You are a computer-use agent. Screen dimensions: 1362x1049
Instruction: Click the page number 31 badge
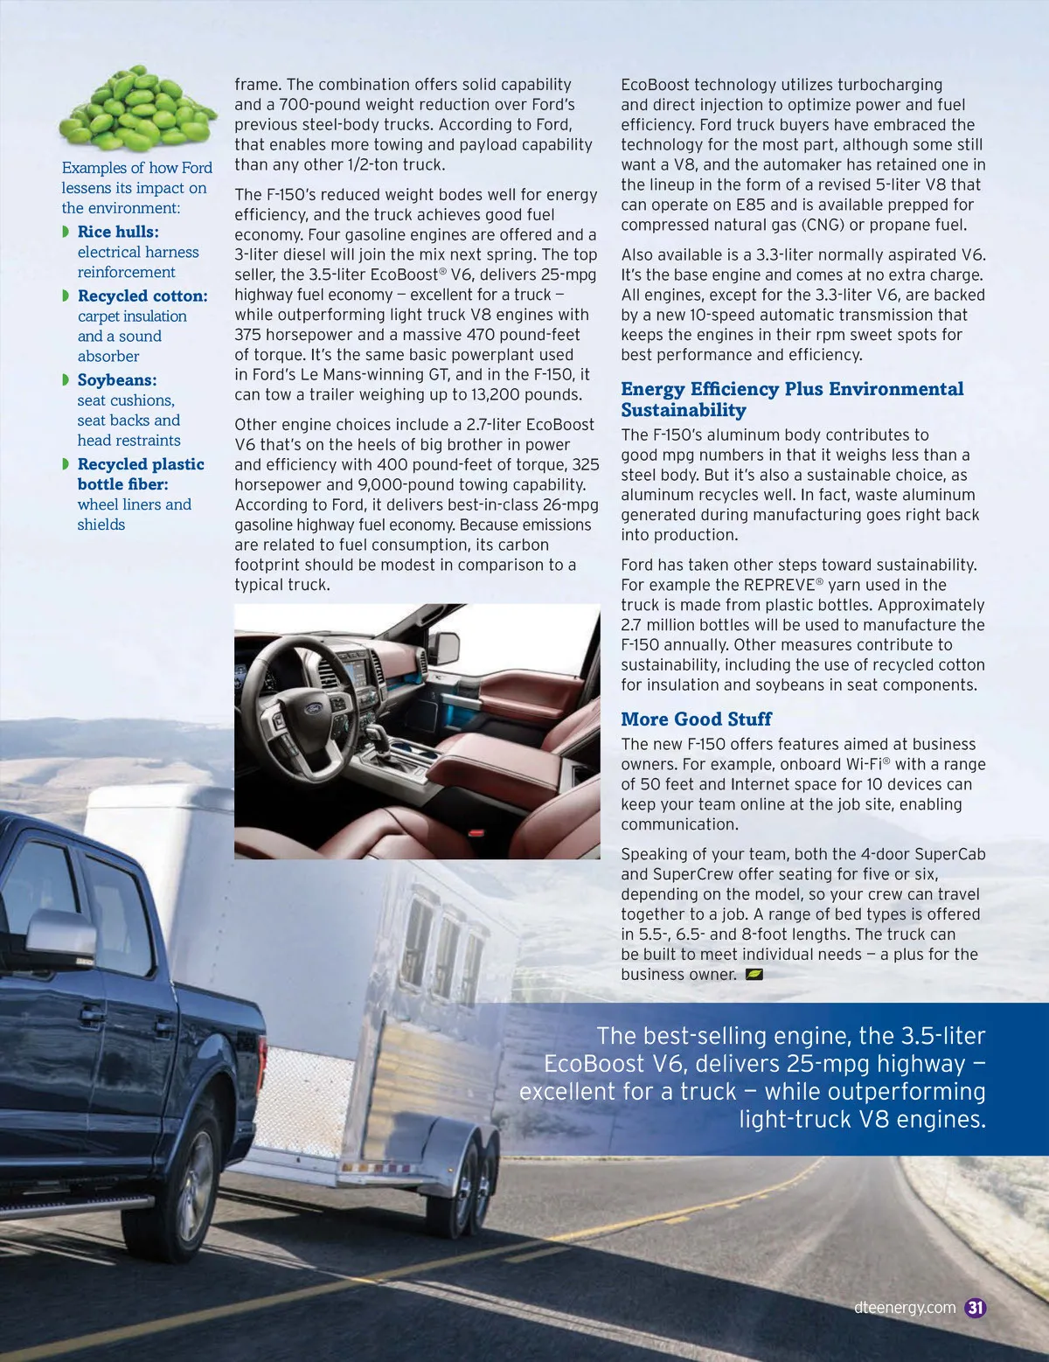click(976, 1308)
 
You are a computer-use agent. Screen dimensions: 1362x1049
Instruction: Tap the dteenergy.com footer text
click(904, 1308)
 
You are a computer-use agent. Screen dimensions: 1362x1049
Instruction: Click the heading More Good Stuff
click(696, 719)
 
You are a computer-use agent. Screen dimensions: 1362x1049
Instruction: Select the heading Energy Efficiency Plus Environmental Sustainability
click(792, 400)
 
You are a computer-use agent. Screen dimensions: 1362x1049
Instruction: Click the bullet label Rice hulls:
click(118, 232)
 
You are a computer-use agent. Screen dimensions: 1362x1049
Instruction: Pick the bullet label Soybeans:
click(117, 380)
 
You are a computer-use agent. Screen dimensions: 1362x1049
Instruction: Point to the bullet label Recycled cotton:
click(142, 296)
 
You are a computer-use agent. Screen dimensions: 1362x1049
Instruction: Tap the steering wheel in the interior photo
click(302, 699)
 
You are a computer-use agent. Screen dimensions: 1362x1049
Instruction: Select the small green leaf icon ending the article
click(754, 974)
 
